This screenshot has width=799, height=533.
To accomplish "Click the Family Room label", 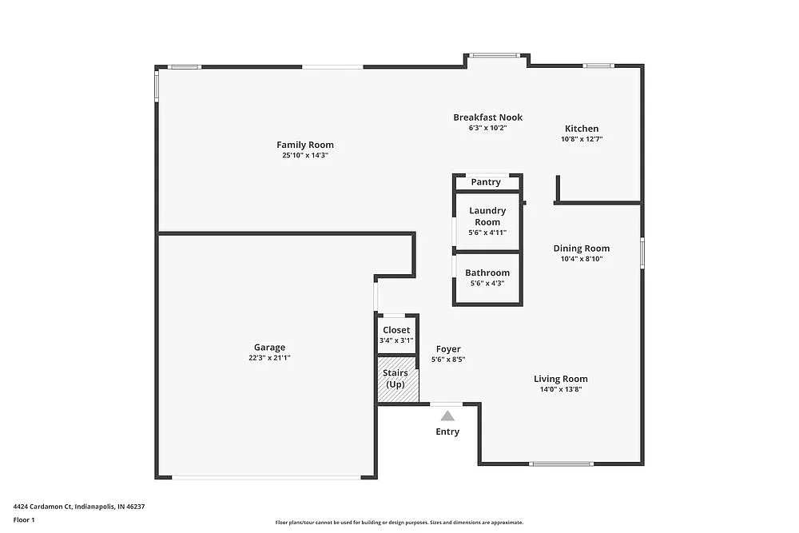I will click(x=305, y=145).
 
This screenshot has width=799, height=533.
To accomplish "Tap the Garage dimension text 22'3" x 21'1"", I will click(x=269, y=358).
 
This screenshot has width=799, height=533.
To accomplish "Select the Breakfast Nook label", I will click(x=487, y=117).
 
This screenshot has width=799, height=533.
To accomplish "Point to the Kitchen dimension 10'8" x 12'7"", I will click(x=582, y=139).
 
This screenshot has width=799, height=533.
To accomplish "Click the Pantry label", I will click(x=486, y=182).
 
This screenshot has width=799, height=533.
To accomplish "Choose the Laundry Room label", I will click(x=487, y=216).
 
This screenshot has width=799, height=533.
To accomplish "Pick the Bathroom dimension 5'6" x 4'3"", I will click(x=487, y=283).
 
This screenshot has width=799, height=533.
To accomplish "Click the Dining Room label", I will click(x=582, y=249).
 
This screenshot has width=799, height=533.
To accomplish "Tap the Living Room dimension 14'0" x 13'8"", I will click(x=561, y=390).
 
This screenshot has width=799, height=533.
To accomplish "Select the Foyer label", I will click(x=448, y=349).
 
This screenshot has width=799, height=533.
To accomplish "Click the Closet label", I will click(x=396, y=330).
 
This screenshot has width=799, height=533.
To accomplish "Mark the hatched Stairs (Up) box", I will click(x=397, y=380).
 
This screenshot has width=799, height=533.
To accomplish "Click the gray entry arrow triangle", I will click(x=448, y=416).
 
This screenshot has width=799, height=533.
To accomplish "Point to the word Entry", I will click(x=447, y=432).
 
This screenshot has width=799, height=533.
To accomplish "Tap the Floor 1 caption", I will click(x=24, y=519).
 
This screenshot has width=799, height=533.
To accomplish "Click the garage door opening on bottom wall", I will click(x=266, y=477).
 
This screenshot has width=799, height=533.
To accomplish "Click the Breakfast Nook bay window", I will click(x=495, y=55).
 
